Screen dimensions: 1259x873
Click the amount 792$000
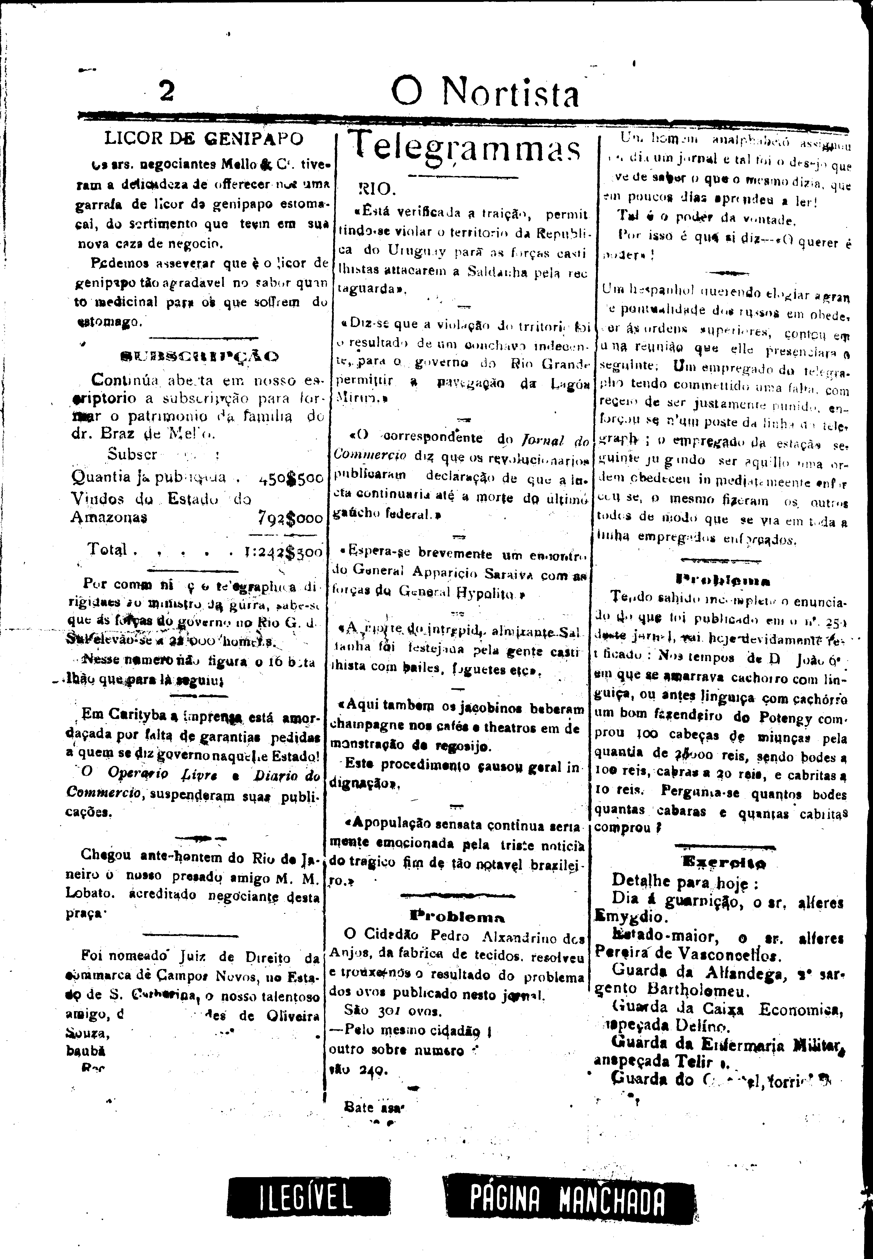(x=290, y=518)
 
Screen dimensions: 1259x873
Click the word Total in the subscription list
(x=107, y=549)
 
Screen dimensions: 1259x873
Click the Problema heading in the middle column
(x=457, y=917)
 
